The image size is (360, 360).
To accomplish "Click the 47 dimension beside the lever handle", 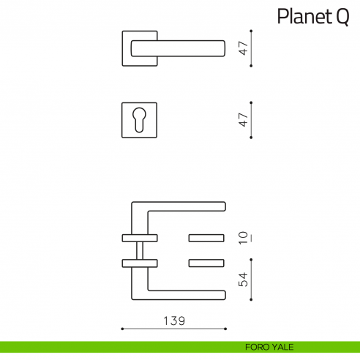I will point(243,48).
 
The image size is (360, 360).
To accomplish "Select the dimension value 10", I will point(243,237).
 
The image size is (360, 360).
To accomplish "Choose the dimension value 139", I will point(174,319).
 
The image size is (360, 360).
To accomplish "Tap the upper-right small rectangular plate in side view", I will point(207,237).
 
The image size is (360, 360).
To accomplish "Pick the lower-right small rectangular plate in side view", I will point(207,263).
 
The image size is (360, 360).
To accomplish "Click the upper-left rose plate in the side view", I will point(139,237).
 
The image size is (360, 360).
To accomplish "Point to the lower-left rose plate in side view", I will point(139,263).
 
